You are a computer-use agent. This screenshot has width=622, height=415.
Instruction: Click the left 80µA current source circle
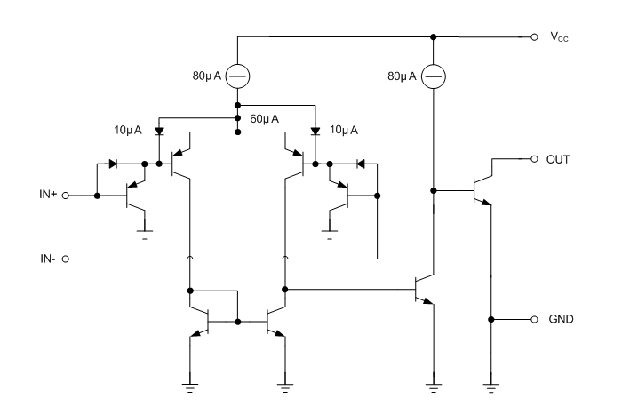[238, 76]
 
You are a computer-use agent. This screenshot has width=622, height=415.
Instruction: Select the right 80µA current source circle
[433, 76]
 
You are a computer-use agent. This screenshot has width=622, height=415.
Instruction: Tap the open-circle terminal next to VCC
[533, 37]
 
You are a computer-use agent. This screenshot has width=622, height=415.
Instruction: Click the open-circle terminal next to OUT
[533, 159]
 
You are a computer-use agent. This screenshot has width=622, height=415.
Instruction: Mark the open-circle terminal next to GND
[533, 319]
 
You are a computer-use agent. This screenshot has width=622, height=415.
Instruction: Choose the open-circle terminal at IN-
[65, 259]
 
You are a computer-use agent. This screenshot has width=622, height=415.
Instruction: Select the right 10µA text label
[344, 130]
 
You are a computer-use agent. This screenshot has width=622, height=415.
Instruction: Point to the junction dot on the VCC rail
[433, 37]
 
